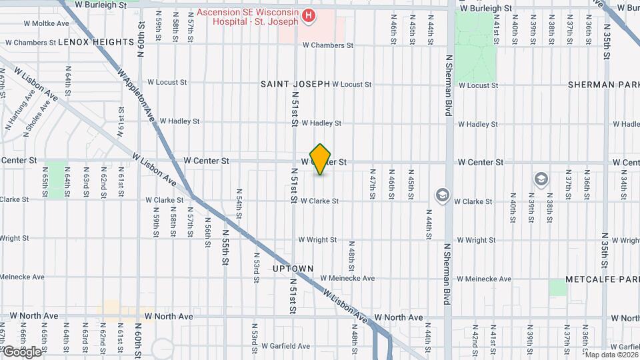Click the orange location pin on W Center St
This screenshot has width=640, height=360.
coord(321,159)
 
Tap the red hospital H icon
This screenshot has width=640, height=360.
coord(308,15)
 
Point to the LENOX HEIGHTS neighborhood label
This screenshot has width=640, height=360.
coord(97,42)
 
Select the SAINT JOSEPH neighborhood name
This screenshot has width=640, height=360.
coord(295,84)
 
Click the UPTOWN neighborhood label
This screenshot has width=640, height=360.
coord(293,269)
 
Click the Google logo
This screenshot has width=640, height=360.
coord(21,351)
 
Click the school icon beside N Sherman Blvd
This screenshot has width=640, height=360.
coord(441,195)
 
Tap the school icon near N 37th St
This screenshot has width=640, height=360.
coord(541,179)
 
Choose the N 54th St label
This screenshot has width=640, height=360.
coord(239,204)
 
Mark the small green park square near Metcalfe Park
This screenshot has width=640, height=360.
coord(558,287)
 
